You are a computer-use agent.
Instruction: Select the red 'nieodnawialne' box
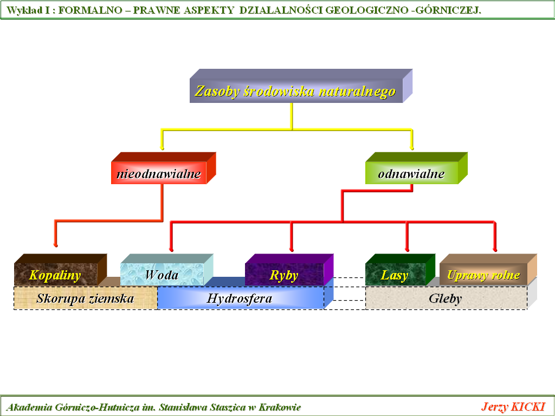[159, 174]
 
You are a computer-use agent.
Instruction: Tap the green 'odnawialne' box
[411, 174]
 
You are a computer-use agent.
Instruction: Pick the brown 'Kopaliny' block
[55, 275]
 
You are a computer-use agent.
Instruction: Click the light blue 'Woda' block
[162, 275]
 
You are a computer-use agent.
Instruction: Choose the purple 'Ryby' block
[284, 275]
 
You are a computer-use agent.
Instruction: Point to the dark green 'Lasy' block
[395, 275]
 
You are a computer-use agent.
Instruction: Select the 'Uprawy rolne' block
[483, 275]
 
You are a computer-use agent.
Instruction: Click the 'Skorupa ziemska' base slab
[85, 298]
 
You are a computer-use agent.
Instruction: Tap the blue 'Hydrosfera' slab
[240, 298]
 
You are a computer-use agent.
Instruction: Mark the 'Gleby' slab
[446, 298]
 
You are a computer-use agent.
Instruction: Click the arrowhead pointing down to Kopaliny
[55, 243]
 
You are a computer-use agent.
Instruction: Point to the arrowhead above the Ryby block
[292, 248]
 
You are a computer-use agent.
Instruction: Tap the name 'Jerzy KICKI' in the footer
[513, 407]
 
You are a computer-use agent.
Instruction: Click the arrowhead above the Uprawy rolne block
[494, 248]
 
